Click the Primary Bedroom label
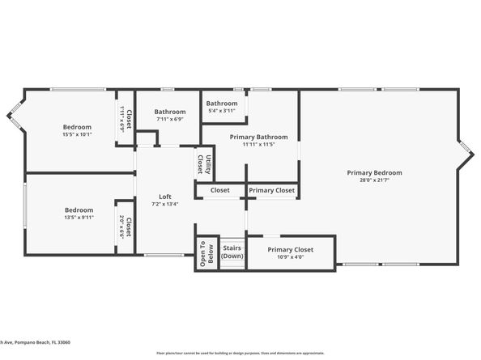(x=374, y=172)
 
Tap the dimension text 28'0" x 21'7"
(x=374, y=180)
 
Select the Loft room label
(x=164, y=197)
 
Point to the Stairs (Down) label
(x=232, y=252)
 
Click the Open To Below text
(x=206, y=253)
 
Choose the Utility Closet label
(x=208, y=164)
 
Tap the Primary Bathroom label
(x=253, y=137)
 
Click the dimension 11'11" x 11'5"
(x=253, y=144)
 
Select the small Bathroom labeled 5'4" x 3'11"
(x=222, y=104)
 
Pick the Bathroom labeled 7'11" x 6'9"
(x=170, y=112)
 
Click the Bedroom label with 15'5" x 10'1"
(x=78, y=127)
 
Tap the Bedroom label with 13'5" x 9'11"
(x=79, y=210)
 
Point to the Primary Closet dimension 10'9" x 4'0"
(x=291, y=257)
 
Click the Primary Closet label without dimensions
(x=272, y=191)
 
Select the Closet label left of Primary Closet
(x=219, y=191)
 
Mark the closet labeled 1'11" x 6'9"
(x=126, y=118)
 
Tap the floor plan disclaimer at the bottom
(x=240, y=354)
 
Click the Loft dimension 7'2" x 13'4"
(x=164, y=204)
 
